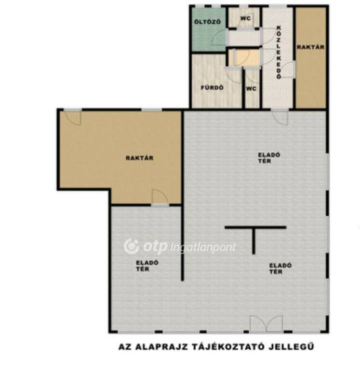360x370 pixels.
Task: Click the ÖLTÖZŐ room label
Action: (x=208, y=22)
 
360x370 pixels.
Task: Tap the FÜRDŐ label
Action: (x=212, y=88)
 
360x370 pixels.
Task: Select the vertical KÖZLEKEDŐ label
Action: (x=279, y=53)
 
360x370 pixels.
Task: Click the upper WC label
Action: (x=245, y=18)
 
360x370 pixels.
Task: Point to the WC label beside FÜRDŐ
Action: (x=251, y=89)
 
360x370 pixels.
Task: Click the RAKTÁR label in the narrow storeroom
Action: (x=310, y=47)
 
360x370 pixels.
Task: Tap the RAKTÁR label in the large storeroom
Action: (x=139, y=158)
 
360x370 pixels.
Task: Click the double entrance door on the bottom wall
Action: (x=266, y=324)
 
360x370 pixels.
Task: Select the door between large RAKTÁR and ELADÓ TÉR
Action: (x=160, y=197)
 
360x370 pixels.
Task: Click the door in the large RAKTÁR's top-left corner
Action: (x=73, y=117)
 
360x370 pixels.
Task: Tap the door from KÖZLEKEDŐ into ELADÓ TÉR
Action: (x=280, y=117)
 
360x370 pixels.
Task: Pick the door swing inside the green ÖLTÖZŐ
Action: (x=219, y=38)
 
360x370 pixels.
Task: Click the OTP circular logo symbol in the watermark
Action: (x=132, y=246)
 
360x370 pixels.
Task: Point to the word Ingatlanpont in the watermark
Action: (x=202, y=248)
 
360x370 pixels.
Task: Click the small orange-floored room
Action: (x=244, y=57)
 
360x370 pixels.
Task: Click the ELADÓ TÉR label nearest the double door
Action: (x=280, y=268)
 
